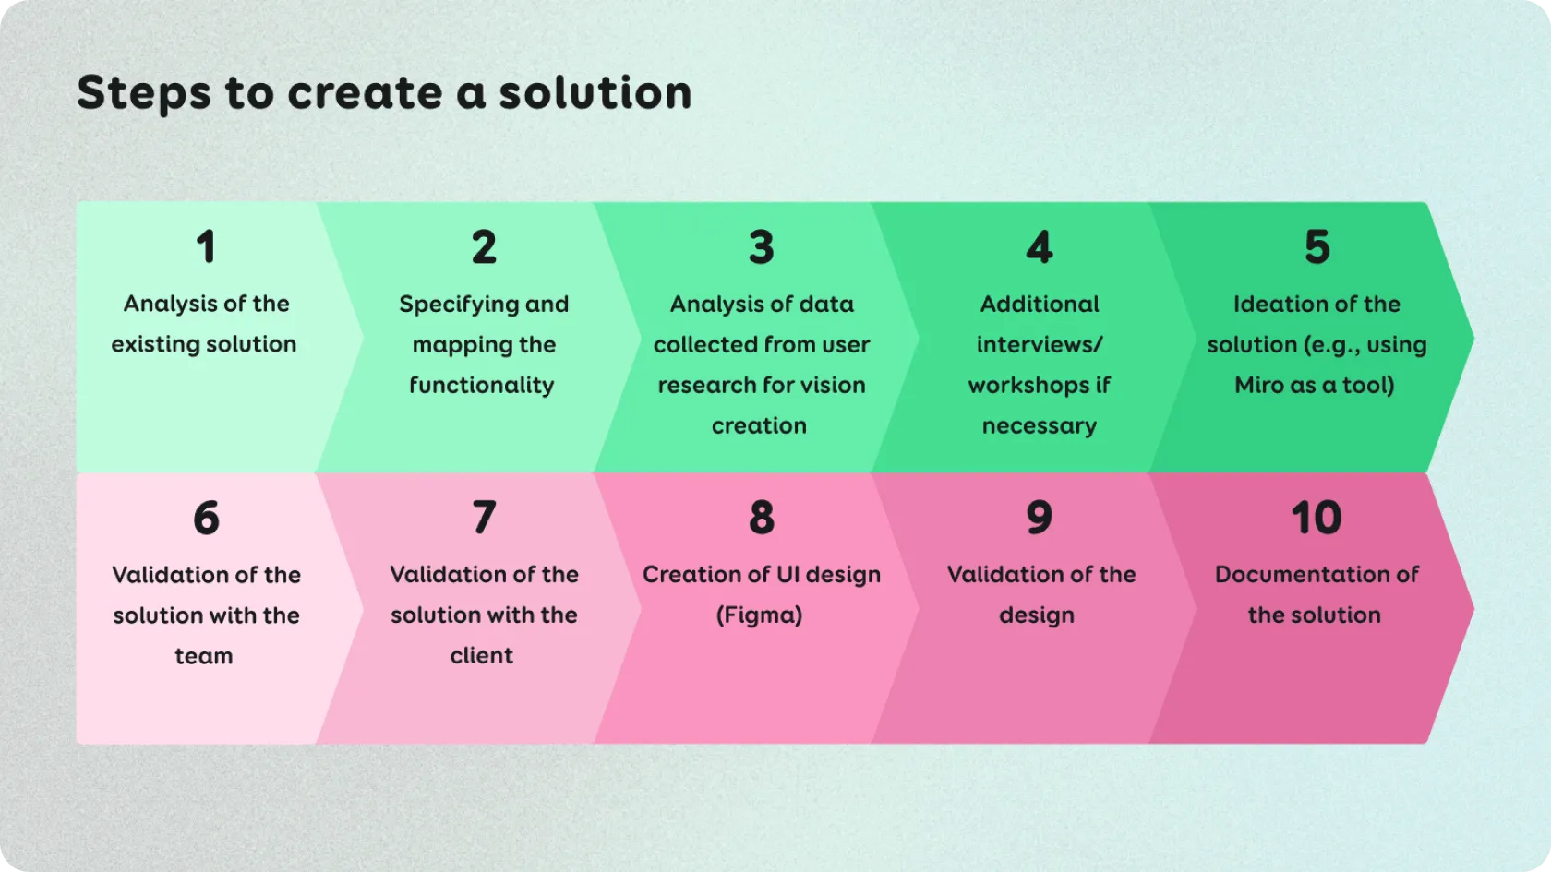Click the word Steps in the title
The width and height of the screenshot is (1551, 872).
pyautogui.click(x=144, y=94)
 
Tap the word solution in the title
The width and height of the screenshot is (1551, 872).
pyautogui.click(x=595, y=92)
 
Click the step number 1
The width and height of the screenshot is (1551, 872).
pyautogui.click(x=206, y=247)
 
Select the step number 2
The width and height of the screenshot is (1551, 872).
pyautogui.click(x=484, y=247)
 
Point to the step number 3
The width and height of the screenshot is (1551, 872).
pyautogui.click(x=762, y=247)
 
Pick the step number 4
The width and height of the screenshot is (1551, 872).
pyautogui.click(x=1040, y=247)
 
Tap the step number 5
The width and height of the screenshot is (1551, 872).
pyautogui.click(x=1317, y=247)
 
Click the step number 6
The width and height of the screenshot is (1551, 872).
pyautogui.click(x=207, y=518)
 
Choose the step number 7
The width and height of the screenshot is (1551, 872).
pyautogui.click(x=484, y=518)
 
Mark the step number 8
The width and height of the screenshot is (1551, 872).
pyautogui.click(x=762, y=518)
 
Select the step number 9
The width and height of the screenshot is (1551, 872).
pyautogui.click(x=1040, y=518)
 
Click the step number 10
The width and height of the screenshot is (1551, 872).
pyautogui.click(x=1317, y=518)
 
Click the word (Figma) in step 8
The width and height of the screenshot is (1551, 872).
pyautogui.click(x=760, y=615)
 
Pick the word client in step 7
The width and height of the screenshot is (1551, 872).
pyautogui.click(x=482, y=655)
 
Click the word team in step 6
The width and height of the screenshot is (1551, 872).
pyautogui.click(x=203, y=656)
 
